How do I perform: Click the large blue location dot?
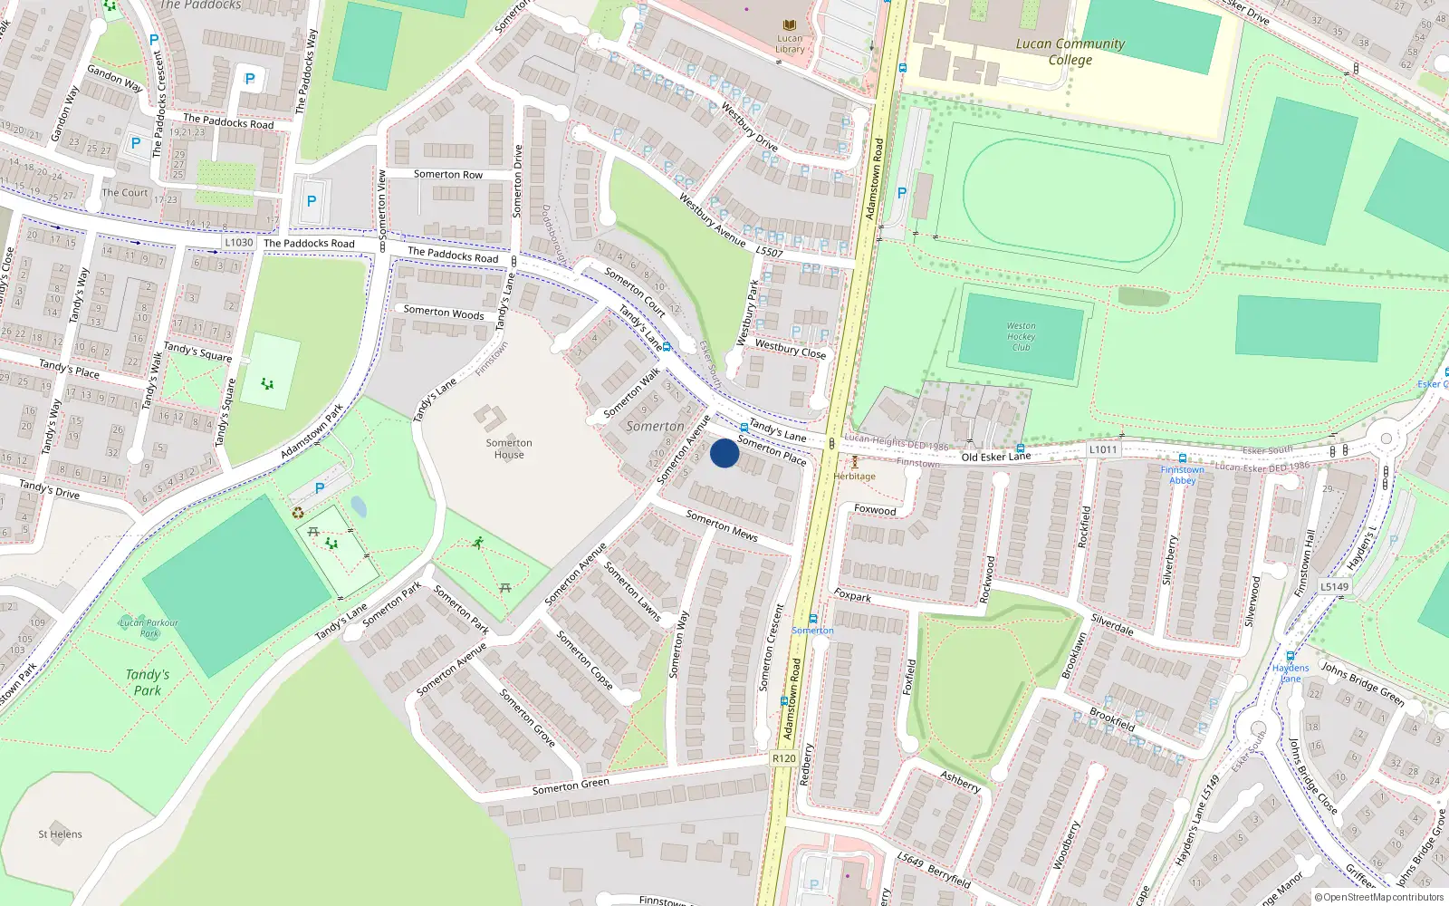[x=724, y=453]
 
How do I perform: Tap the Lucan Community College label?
[x=1070, y=52]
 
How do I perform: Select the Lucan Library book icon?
[x=790, y=25]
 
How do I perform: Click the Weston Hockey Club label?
[x=1021, y=336]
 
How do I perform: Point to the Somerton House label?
[x=509, y=448]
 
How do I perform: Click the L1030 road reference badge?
[x=239, y=243]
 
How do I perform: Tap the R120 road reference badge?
[x=784, y=758]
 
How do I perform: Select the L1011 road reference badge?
[x=1103, y=449]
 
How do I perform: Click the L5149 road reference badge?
[x=1334, y=586]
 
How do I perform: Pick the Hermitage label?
[x=854, y=477]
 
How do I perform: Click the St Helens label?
[x=60, y=834]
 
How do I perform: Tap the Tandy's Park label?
[x=148, y=682]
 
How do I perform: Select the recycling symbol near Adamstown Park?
[x=298, y=513]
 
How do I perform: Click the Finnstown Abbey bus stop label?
[x=1183, y=475]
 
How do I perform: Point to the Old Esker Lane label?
[x=996, y=457]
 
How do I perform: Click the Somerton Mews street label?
[x=722, y=525]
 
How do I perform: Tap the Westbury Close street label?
[x=791, y=349]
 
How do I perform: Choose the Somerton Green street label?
[x=571, y=786]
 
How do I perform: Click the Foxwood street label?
[x=875, y=510]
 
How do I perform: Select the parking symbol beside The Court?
[x=136, y=143]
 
